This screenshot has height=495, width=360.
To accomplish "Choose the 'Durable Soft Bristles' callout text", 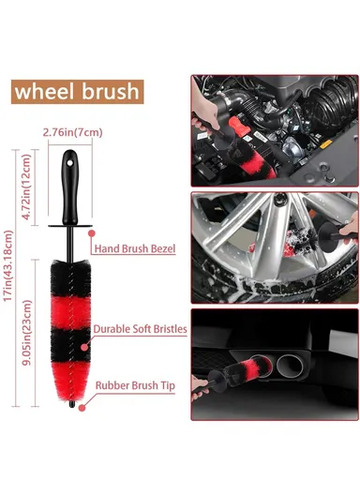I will click(141, 329).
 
